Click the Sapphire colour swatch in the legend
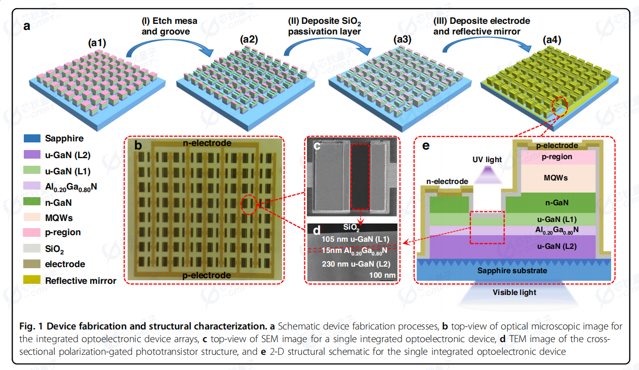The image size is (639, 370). (32, 138)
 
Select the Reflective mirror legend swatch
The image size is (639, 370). (32, 280)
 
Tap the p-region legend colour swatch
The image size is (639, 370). (32, 233)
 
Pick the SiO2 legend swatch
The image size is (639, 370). (32, 248)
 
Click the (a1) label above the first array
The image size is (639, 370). (97, 43)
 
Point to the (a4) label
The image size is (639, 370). (552, 40)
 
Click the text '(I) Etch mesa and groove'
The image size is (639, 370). (170, 26)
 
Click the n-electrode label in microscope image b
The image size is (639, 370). (207, 143)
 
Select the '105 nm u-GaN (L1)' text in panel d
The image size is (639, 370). (355, 239)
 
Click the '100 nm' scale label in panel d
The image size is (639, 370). (382, 275)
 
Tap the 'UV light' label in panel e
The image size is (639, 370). (487, 159)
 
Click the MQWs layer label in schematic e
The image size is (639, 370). (555, 178)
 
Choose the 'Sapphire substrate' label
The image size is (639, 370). (512, 271)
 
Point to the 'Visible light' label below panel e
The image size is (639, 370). (514, 292)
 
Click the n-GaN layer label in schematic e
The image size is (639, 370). (557, 203)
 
